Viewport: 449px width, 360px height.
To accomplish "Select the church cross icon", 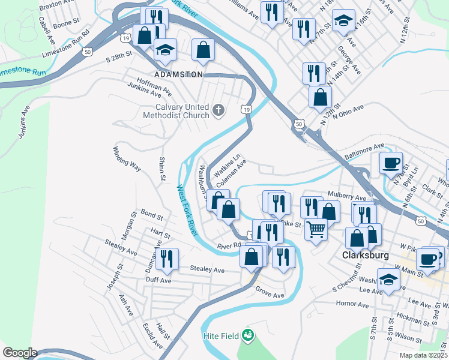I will (x=218, y=110).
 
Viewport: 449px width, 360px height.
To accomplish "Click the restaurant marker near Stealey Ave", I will (x=166, y=259).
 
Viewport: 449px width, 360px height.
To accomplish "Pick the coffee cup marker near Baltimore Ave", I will (x=392, y=162).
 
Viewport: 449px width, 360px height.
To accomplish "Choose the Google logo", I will (x=20, y=353).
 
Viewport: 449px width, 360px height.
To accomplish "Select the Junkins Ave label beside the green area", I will (x=24, y=123).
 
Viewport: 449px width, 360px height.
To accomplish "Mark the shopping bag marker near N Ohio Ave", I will (x=321, y=97).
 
